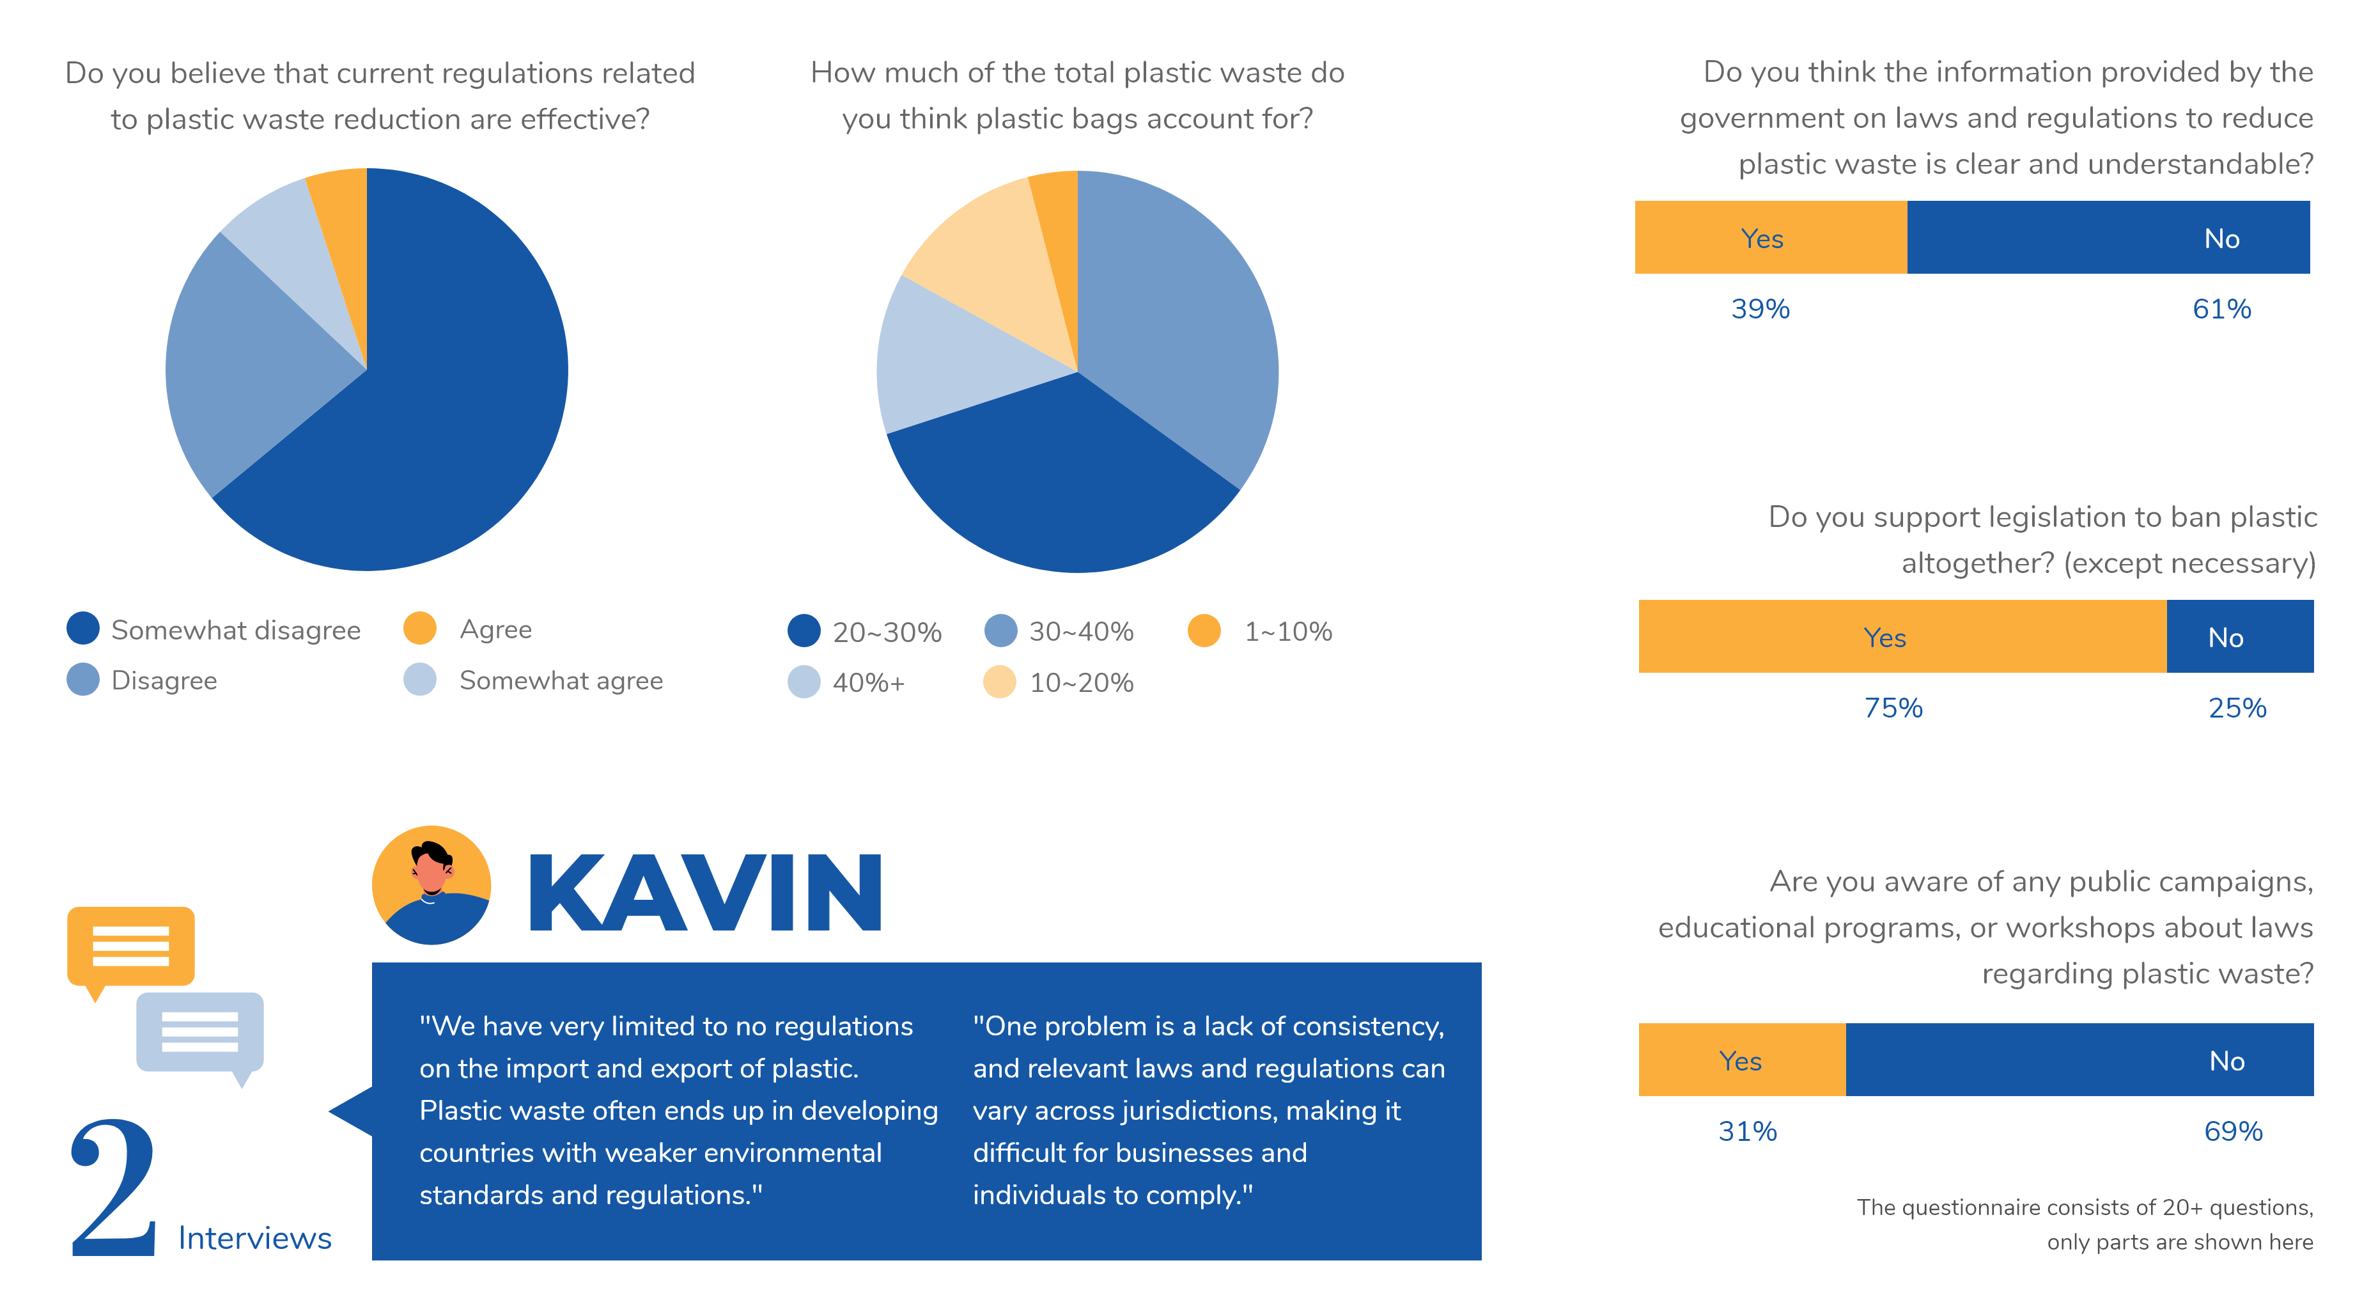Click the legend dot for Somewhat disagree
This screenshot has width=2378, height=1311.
click(x=83, y=629)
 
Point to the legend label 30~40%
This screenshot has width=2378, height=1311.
click(x=1081, y=631)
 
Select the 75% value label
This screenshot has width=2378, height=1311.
click(x=1892, y=707)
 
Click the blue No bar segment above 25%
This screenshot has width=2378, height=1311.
click(x=2239, y=636)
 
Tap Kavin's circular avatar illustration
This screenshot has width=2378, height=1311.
click(x=431, y=884)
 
